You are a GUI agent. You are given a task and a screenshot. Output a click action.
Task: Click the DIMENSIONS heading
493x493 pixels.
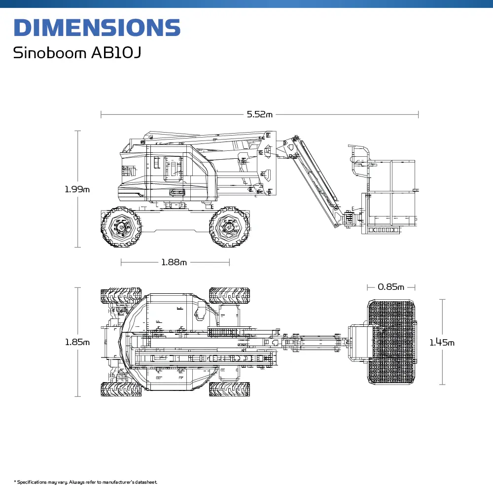[97, 28]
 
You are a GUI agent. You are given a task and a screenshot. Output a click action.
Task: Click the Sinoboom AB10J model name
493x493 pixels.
[77, 53]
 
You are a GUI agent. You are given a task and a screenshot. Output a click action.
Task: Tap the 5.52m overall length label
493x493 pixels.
[259, 114]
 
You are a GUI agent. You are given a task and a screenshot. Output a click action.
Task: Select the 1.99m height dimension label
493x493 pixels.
[77, 189]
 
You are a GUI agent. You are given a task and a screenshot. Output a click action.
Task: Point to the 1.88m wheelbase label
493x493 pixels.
[174, 262]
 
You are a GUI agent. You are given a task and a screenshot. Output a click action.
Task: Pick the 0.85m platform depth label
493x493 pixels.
[391, 287]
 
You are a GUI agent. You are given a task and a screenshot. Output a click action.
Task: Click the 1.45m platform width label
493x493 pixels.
[442, 342]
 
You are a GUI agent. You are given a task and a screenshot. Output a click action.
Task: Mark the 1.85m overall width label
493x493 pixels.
[77, 342]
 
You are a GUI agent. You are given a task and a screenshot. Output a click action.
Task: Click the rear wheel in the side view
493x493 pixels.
[121, 227]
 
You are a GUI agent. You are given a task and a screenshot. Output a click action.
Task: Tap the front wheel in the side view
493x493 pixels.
[229, 227]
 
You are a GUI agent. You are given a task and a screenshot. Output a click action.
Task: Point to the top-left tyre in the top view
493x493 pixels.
[121, 295]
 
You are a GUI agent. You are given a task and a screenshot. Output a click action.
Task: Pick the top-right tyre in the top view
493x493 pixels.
[229, 295]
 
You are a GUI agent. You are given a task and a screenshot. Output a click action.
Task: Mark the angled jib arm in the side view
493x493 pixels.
[316, 182]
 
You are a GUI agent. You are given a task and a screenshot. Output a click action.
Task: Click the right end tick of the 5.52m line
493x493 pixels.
[418, 114]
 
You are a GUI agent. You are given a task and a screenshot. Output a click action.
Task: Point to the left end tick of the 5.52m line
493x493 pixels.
[101, 114]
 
